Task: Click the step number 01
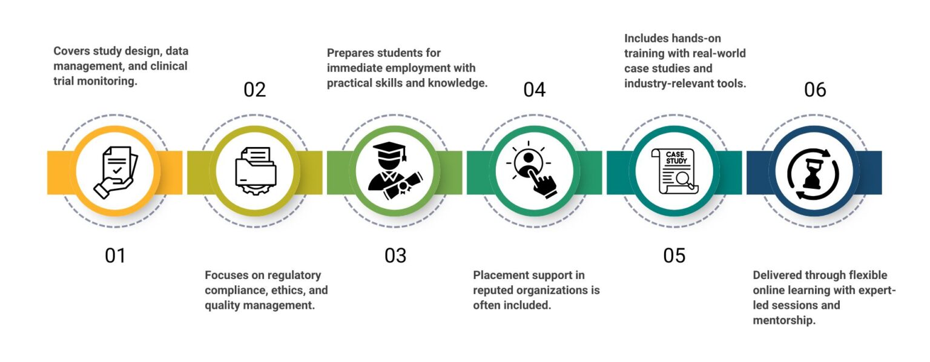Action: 115,255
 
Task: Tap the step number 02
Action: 255,90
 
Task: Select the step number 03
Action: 395,255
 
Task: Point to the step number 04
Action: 535,90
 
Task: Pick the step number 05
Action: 674,255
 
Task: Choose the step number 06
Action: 815,90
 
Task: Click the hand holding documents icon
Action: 115,172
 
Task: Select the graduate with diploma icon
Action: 395,172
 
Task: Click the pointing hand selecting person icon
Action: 535,172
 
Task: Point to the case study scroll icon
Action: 674,172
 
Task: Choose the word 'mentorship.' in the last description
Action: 784,320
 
